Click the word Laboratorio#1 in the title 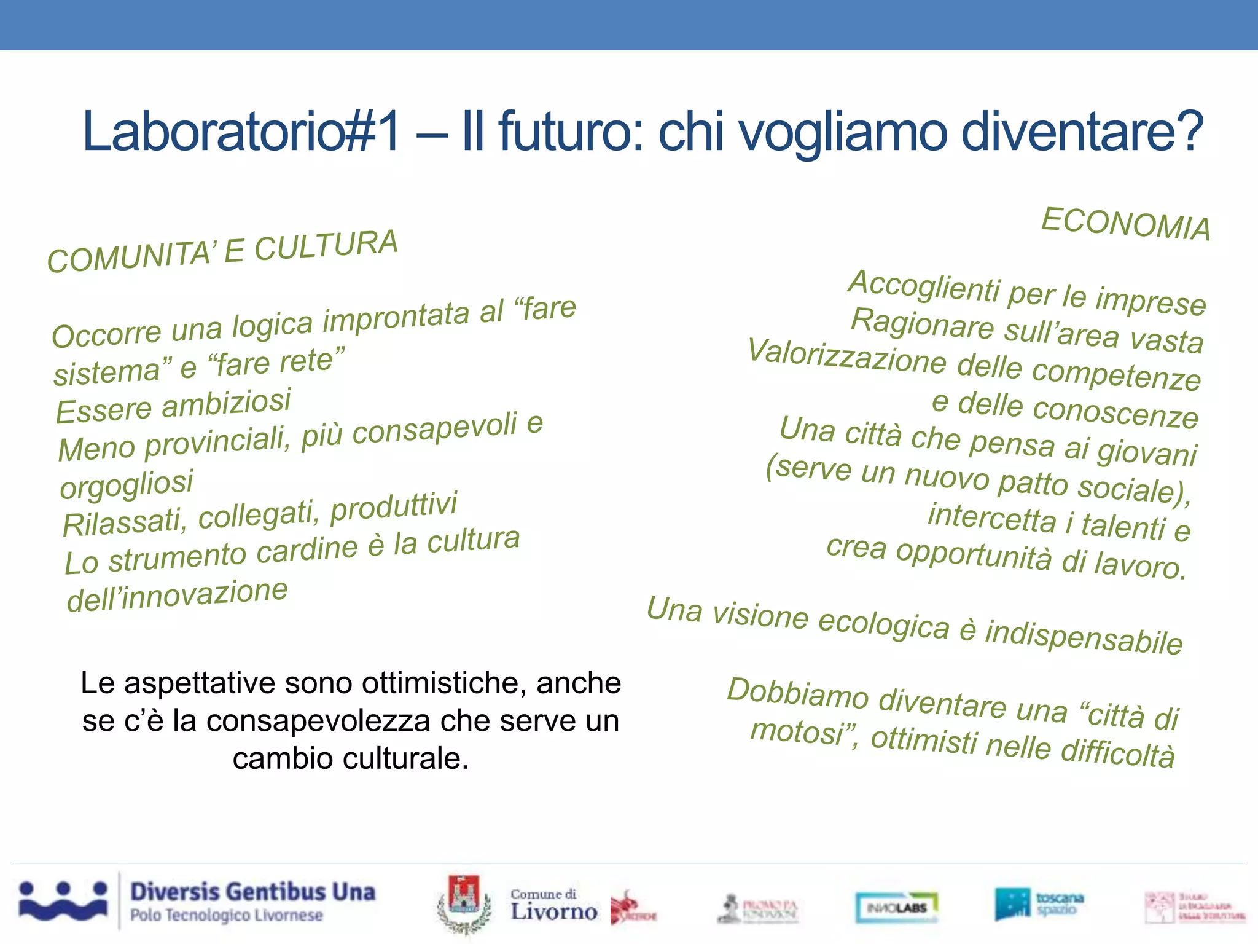pyautogui.click(x=241, y=131)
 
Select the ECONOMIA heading pyautogui.click(x=1125, y=224)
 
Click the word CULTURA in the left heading pyautogui.click(x=326, y=245)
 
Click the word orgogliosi pyautogui.click(x=127, y=484)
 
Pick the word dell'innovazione pyautogui.click(x=177, y=596)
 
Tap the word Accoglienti pyautogui.click(x=924, y=286)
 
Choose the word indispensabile pyautogui.click(x=1084, y=637)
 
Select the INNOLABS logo pyautogui.click(x=897, y=907)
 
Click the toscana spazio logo pyautogui.click(x=1039, y=903)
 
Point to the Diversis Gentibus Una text pyautogui.click(x=252, y=892)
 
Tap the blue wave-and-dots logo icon pyautogui.click(x=63, y=901)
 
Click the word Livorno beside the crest pyautogui.click(x=553, y=911)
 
